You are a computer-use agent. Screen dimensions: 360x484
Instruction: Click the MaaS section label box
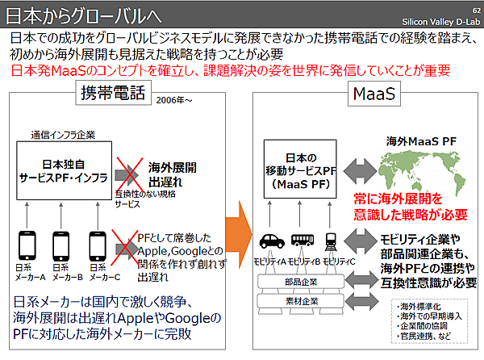(373, 94)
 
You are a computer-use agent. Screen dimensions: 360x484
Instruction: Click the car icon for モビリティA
(269, 241)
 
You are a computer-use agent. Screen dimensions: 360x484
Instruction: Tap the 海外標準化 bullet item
(420, 308)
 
